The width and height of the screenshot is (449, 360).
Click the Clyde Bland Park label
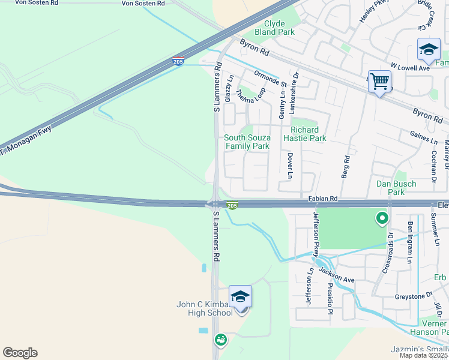point(275,27)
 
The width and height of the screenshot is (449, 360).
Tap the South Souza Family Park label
point(247,142)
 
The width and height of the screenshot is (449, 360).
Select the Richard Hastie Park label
point(308,134)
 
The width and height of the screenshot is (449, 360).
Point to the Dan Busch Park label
point(396,188)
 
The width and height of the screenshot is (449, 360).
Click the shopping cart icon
point(379,80)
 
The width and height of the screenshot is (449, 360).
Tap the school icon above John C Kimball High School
point(240,296)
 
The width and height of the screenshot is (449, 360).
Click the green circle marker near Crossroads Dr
point(381,219)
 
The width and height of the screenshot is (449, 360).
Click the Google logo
point(20,353)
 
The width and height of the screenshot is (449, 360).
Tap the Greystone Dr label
point(413,295)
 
